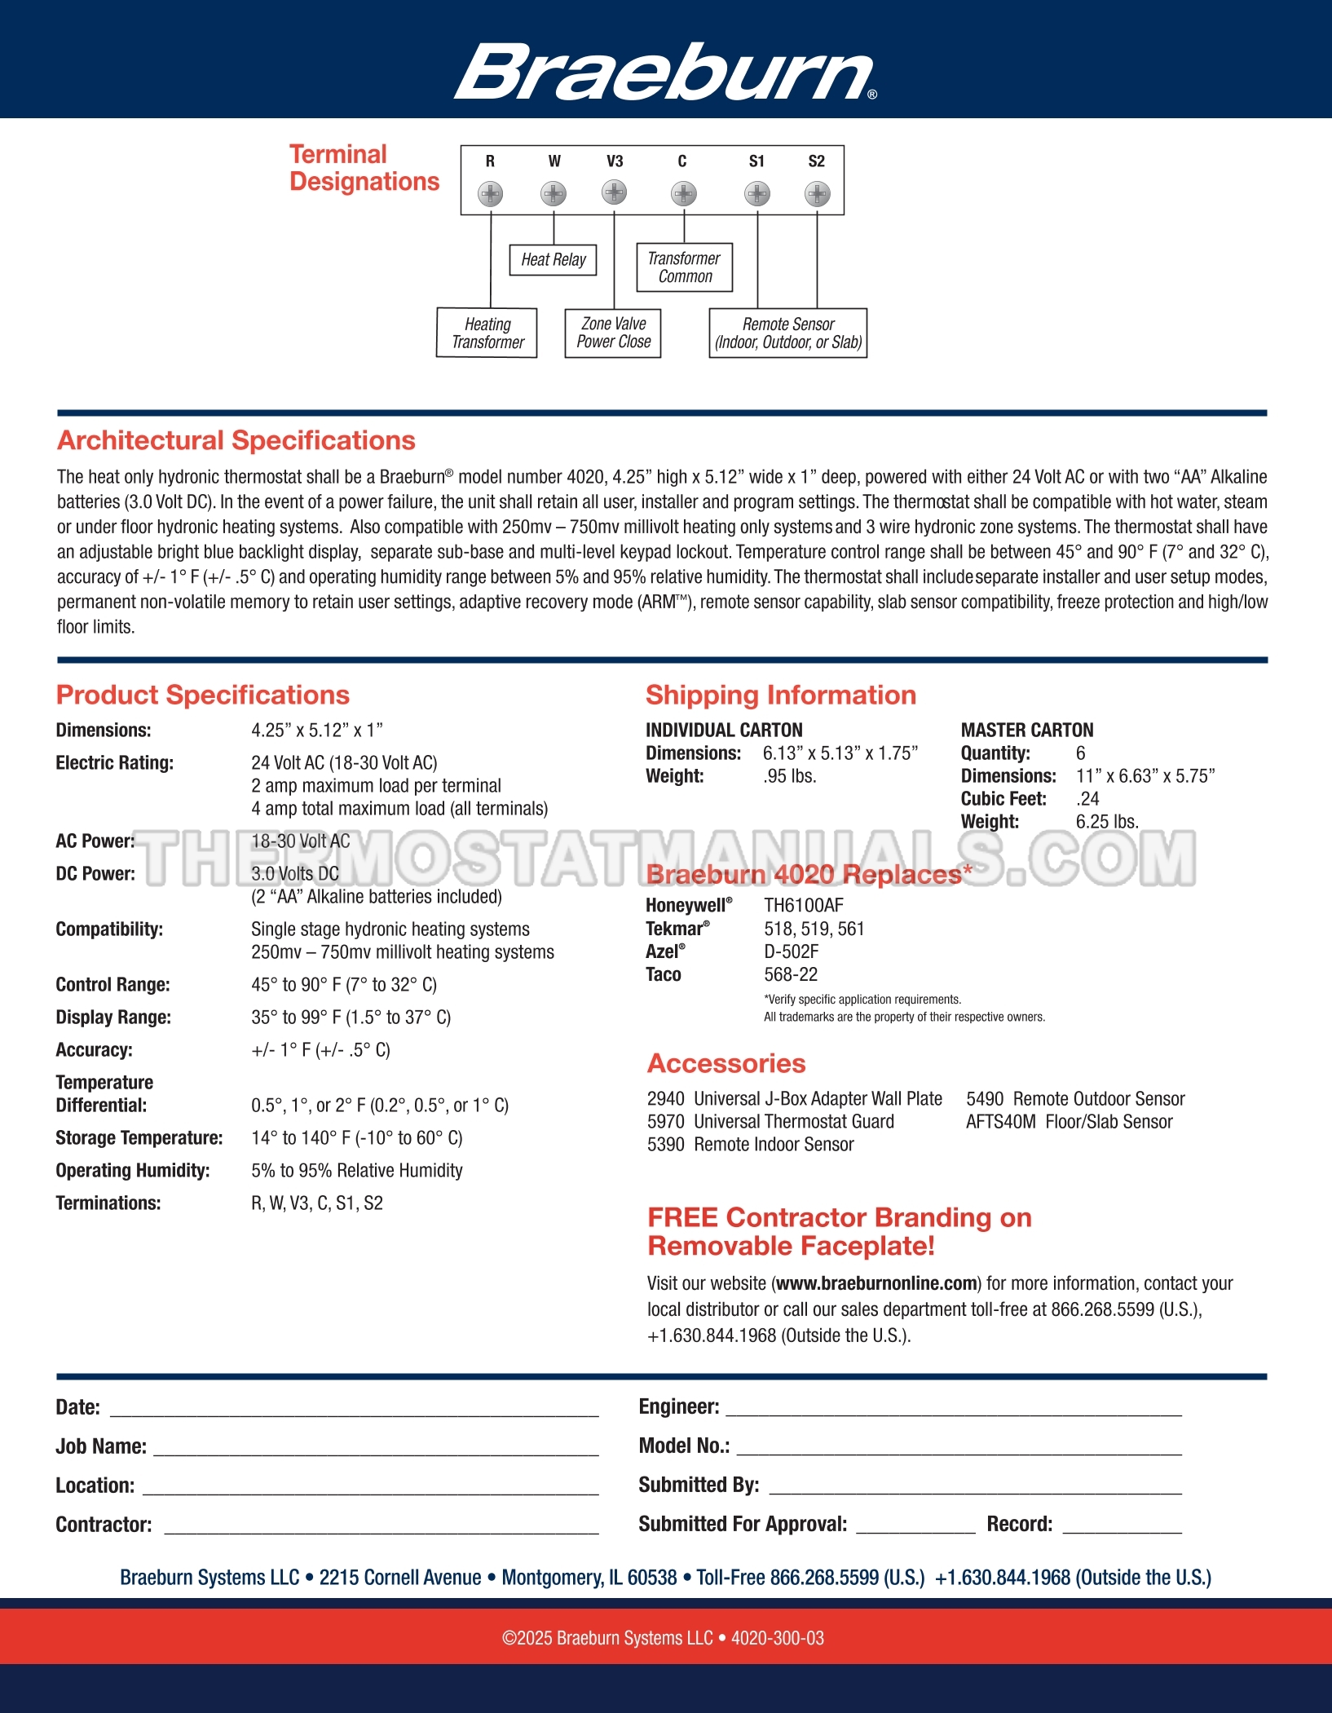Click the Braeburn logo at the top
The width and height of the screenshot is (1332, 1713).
[665, 72]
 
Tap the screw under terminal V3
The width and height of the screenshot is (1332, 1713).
[614, 192]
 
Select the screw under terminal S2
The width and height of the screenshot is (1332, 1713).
[817, 193]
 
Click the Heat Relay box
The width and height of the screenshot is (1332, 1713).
[554, 260]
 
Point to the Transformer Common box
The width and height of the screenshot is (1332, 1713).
[684, 267]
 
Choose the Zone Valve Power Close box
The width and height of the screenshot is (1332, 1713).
[613, 333]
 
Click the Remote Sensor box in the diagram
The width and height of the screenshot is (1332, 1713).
[787, 333]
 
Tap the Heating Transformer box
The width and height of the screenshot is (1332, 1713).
[487, 333]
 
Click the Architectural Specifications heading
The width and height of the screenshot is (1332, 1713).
[236, 440]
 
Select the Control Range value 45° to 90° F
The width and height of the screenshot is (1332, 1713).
[343, 985]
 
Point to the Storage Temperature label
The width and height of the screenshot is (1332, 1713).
[139, 1138]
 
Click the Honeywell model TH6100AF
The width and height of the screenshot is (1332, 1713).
[803, 905]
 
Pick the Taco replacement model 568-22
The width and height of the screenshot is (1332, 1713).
[790, 974]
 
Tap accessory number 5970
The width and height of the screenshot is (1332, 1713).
[665, 1122]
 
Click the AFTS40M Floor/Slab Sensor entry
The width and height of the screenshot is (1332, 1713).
[1069, 1122]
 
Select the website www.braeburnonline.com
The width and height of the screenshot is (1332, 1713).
[876, 1283]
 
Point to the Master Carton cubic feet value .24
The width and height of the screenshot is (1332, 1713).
[1087, 799]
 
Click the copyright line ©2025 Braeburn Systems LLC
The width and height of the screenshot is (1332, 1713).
[663, 1638]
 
